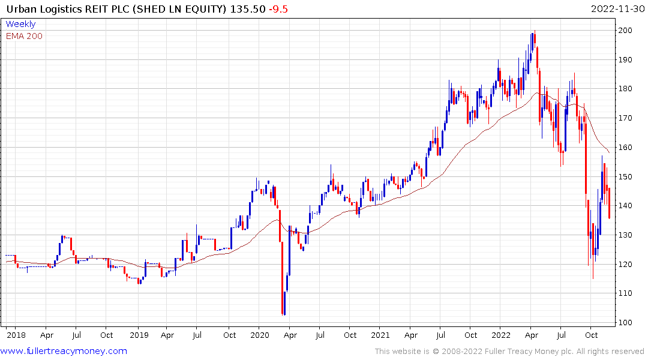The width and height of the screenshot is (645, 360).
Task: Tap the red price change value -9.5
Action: (277, 10)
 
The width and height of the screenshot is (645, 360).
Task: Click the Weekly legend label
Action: (20, 24)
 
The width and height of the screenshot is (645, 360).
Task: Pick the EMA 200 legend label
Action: (24, 36)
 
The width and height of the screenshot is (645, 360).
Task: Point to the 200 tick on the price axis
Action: (626, 31)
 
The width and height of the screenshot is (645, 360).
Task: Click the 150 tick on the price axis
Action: (626, 177)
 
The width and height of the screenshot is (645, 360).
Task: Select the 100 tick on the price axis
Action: (626, 323)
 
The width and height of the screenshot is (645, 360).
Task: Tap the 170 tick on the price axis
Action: (626, 118)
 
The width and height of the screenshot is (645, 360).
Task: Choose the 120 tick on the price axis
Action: (626, 265)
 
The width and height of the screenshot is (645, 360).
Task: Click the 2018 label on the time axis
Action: (16, 335)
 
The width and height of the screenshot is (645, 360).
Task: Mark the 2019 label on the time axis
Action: (139, 335)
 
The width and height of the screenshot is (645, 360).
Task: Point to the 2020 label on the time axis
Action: (259, 335)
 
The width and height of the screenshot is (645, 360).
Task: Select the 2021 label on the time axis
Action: (380, 335)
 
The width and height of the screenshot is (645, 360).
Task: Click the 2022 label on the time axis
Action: (501, 335)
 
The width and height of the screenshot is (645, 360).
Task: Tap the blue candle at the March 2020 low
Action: (284, 303)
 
